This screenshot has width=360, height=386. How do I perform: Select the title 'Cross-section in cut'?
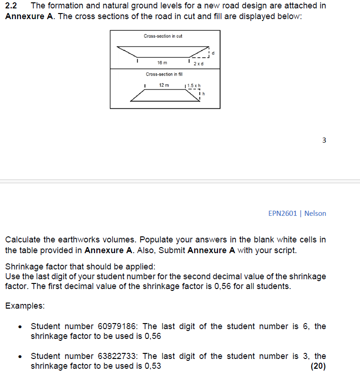(163, 36)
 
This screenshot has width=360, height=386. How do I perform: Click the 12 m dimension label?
(164, 85)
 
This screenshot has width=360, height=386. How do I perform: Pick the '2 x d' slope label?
(198, 63)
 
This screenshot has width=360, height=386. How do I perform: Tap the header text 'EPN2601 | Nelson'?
(297, 214)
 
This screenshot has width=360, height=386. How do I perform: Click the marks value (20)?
(318, 366)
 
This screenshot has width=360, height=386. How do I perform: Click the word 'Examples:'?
(25, 306)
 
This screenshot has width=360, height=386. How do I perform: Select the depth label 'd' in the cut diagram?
(213, 53)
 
